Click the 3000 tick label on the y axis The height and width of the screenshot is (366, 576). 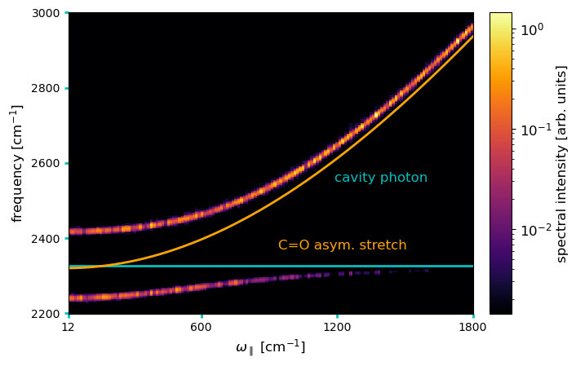[46, 13]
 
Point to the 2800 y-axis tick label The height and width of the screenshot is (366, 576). [46, 89]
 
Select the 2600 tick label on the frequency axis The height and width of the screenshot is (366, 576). [46, 164]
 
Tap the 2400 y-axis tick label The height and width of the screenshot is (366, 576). [46, 239]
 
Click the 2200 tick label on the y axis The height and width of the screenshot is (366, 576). [46, 315]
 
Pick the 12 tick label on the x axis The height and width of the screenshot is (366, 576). [68, 327]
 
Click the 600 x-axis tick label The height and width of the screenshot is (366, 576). [202, 327]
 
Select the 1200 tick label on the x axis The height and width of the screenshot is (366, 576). [337, 327]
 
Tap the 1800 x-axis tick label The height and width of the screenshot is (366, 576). [472, 327]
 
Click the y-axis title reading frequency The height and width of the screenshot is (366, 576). [16, 164]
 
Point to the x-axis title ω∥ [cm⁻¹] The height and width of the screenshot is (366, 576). [270, 347]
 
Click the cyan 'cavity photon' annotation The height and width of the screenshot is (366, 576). [381, 178]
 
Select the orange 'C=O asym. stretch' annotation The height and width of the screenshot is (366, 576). [343, 245]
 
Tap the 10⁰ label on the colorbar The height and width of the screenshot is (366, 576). [532, 29]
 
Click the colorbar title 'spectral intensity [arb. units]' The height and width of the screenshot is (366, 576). [562, 164]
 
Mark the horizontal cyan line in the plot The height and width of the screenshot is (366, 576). [271, 267]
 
